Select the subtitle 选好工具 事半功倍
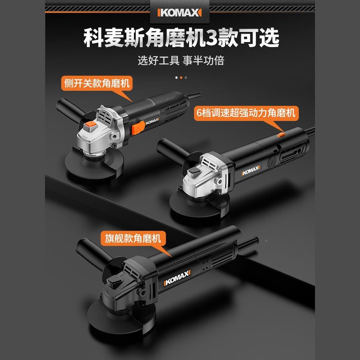[x=181, y=60]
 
